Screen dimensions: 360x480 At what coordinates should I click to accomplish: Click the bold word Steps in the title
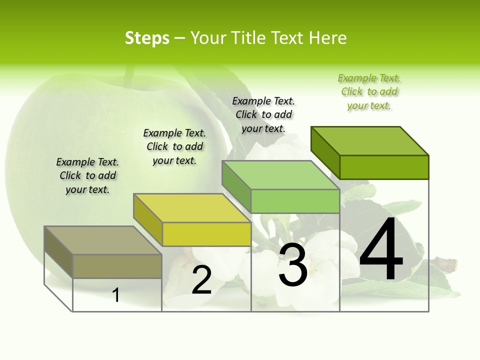[x=147, y=38]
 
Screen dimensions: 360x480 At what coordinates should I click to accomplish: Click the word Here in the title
[x=327, y=38]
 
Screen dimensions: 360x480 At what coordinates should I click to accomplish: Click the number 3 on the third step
[x=293, y=265]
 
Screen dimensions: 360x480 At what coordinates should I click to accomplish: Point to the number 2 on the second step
[x=201, y=280]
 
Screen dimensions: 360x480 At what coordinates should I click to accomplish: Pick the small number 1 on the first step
[x=116, y=295]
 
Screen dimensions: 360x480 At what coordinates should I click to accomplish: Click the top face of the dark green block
[x=370, y=140]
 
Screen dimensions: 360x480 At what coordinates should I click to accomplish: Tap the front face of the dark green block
[x=384, y=167]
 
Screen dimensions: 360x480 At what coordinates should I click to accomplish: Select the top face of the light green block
[x=281, y=175]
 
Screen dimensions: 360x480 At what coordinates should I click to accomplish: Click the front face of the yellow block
[x=206, y=234]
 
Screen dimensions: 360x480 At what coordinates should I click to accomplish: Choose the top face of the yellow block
[x=192, y=207]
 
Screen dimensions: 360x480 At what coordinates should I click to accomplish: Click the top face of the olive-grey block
[x=103, y=240]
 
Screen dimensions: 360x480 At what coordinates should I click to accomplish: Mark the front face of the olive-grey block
[x=117, y=266]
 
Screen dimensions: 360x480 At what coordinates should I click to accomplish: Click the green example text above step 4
[x=369, y=91]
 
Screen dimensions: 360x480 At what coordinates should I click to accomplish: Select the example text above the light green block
[x=263, y=114]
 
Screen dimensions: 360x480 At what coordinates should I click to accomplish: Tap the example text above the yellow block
[x=174, y=146]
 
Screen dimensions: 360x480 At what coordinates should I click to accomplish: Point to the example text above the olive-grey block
[x=87, y=175]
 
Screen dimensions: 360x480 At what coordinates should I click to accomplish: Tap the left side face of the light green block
[x=236, y=186]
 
